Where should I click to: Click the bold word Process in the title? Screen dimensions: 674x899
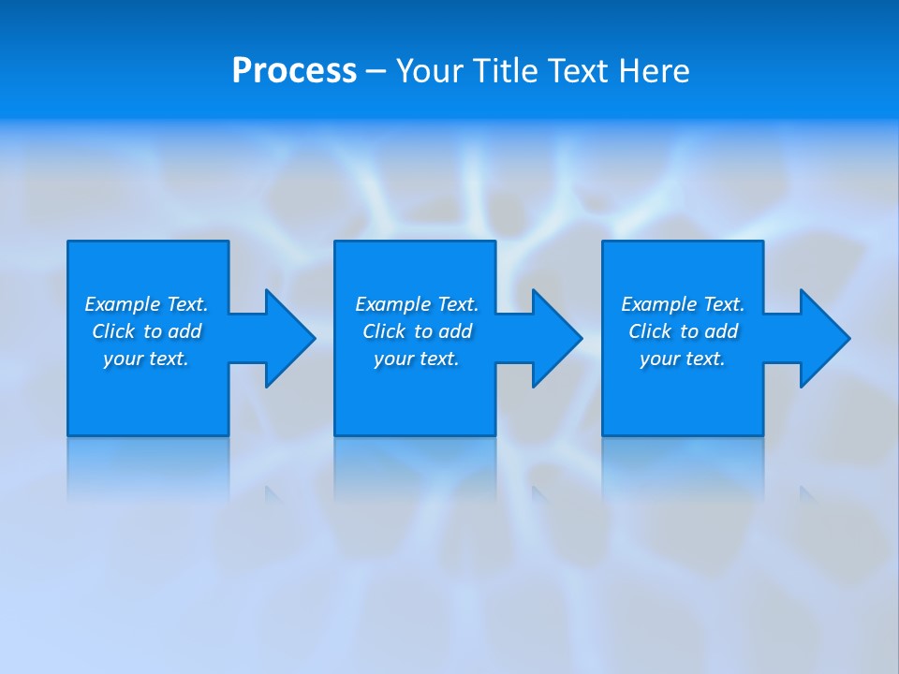click(x=294, y=71)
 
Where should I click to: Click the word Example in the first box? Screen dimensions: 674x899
click(x=122, y=304)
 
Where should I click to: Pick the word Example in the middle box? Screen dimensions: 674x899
click(x=392, y=304)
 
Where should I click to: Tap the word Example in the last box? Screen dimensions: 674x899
click(x=658, y=304)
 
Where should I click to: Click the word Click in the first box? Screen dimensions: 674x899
click(x=113, y=331)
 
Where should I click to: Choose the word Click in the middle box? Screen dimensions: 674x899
click(x=384, y=331)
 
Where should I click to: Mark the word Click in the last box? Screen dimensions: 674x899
click(x=650, y=331)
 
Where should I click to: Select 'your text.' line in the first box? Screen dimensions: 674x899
click(x=146, y=359)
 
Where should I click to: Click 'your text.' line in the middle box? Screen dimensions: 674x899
click(x=416, y=359)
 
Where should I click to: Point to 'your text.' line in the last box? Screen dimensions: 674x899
click(x=683, y=359)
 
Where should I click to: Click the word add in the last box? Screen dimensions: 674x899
click(x=721, y=331)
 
